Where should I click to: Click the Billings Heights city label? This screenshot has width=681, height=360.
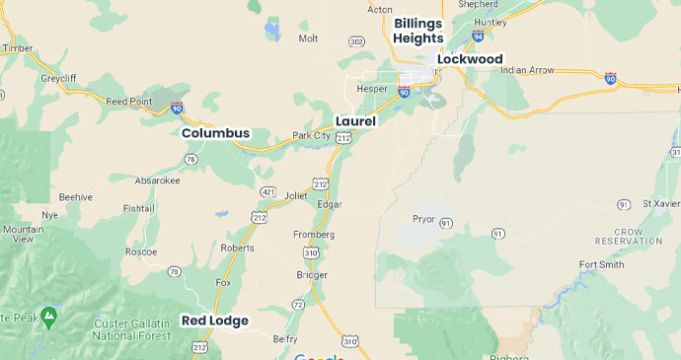click(417, 31)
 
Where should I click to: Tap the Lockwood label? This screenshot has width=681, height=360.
click(470, 59)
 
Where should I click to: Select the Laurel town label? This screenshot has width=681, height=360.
click(355, 120)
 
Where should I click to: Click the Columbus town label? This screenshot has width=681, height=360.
click(215, 133)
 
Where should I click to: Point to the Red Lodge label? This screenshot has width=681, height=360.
click(215, 321)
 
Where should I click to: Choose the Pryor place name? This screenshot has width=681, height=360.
click(423, 218)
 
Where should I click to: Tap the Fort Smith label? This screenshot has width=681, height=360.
click(602, 264)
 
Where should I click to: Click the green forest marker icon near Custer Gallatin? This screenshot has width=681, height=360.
click(51, 316)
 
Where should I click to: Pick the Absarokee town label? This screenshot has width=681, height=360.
click(159, 180)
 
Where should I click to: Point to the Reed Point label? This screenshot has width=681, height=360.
click(128, 101)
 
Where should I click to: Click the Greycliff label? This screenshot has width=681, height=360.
click(58, 77)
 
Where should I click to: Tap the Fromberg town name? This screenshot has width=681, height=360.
click(314, 235)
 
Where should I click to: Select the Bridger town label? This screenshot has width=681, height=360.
click(311, 274)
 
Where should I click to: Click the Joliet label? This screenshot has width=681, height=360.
click(296, 195)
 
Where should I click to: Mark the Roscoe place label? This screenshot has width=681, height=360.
click(141, 252)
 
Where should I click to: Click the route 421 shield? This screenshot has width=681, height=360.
click(267, 191)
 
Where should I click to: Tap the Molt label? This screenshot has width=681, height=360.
click(308, 38)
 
